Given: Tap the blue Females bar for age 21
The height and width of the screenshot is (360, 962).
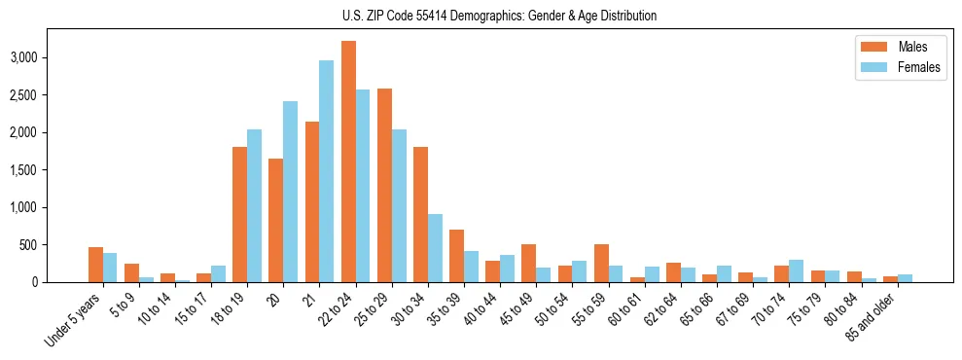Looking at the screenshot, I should click(x=327, y=171).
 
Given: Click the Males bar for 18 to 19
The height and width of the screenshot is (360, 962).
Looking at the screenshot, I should click(x=239, y=214).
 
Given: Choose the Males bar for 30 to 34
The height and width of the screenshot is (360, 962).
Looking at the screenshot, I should click(x=420, y=214).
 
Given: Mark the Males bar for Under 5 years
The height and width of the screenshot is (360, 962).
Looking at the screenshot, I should click(x=95, y=265).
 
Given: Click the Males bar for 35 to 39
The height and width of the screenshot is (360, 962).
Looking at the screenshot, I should click(x=456, y=256).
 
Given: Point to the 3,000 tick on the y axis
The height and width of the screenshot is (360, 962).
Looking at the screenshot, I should click(x=49, y=57).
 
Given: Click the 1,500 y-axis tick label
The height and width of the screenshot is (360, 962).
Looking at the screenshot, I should click(x=49, y=170).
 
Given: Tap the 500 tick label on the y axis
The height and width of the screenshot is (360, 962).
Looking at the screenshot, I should click(x=54, y=245).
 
